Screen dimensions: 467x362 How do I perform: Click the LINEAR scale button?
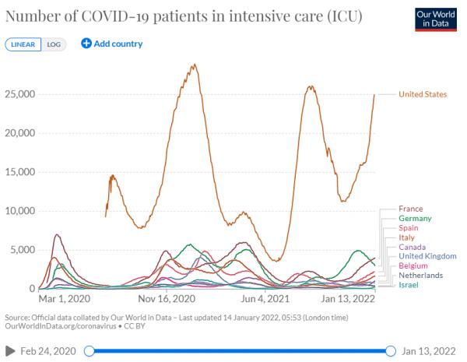23,44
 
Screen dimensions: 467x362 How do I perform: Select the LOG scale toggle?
54,44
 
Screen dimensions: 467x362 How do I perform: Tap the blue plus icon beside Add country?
86,44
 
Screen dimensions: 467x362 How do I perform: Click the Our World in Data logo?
436,19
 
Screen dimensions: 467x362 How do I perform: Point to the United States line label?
423,94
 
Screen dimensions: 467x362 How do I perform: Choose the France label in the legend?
411,209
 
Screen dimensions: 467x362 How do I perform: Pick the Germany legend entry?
415,219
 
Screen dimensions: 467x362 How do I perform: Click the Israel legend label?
409,285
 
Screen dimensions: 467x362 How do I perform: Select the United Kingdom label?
427,256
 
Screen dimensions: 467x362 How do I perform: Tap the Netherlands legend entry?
421,276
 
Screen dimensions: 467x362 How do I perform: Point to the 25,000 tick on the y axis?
20,94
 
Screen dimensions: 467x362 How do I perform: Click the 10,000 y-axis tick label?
20,211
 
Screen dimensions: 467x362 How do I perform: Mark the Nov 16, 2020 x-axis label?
167,298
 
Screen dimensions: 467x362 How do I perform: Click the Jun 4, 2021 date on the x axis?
265,298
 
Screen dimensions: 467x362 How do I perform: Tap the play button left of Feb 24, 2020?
10,351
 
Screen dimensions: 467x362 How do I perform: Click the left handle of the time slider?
89,351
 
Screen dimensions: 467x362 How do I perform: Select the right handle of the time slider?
391,351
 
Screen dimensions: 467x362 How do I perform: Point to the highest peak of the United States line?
195,64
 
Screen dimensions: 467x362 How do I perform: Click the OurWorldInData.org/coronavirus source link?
61,326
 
